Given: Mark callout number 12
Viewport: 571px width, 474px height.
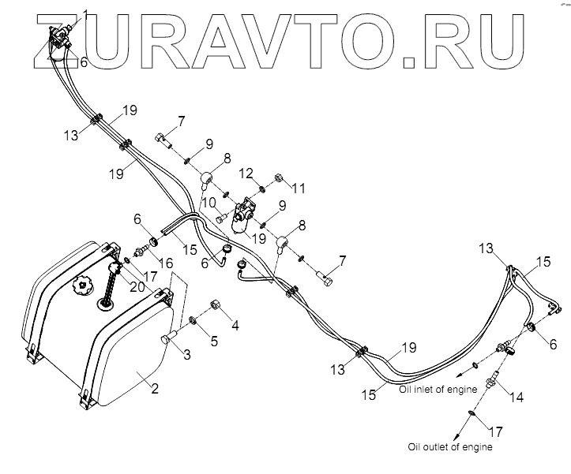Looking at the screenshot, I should [246, 173].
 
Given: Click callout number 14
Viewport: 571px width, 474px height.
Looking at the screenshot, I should [517, 398].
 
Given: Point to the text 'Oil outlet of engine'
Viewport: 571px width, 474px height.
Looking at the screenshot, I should [452, 447].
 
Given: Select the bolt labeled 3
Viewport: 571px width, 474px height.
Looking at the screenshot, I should [167, 338].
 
